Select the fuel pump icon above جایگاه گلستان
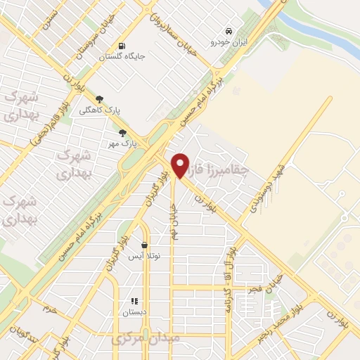pos(123,44)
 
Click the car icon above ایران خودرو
pos(229,31)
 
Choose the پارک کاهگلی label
pos(99,110)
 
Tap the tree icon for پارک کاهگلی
pos(99,99)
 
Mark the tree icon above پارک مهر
pos(122,133)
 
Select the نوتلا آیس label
pos(144,256)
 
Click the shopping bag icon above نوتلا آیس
pos(144,245)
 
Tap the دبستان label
pos(134,311)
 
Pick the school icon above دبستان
pos(134,302)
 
